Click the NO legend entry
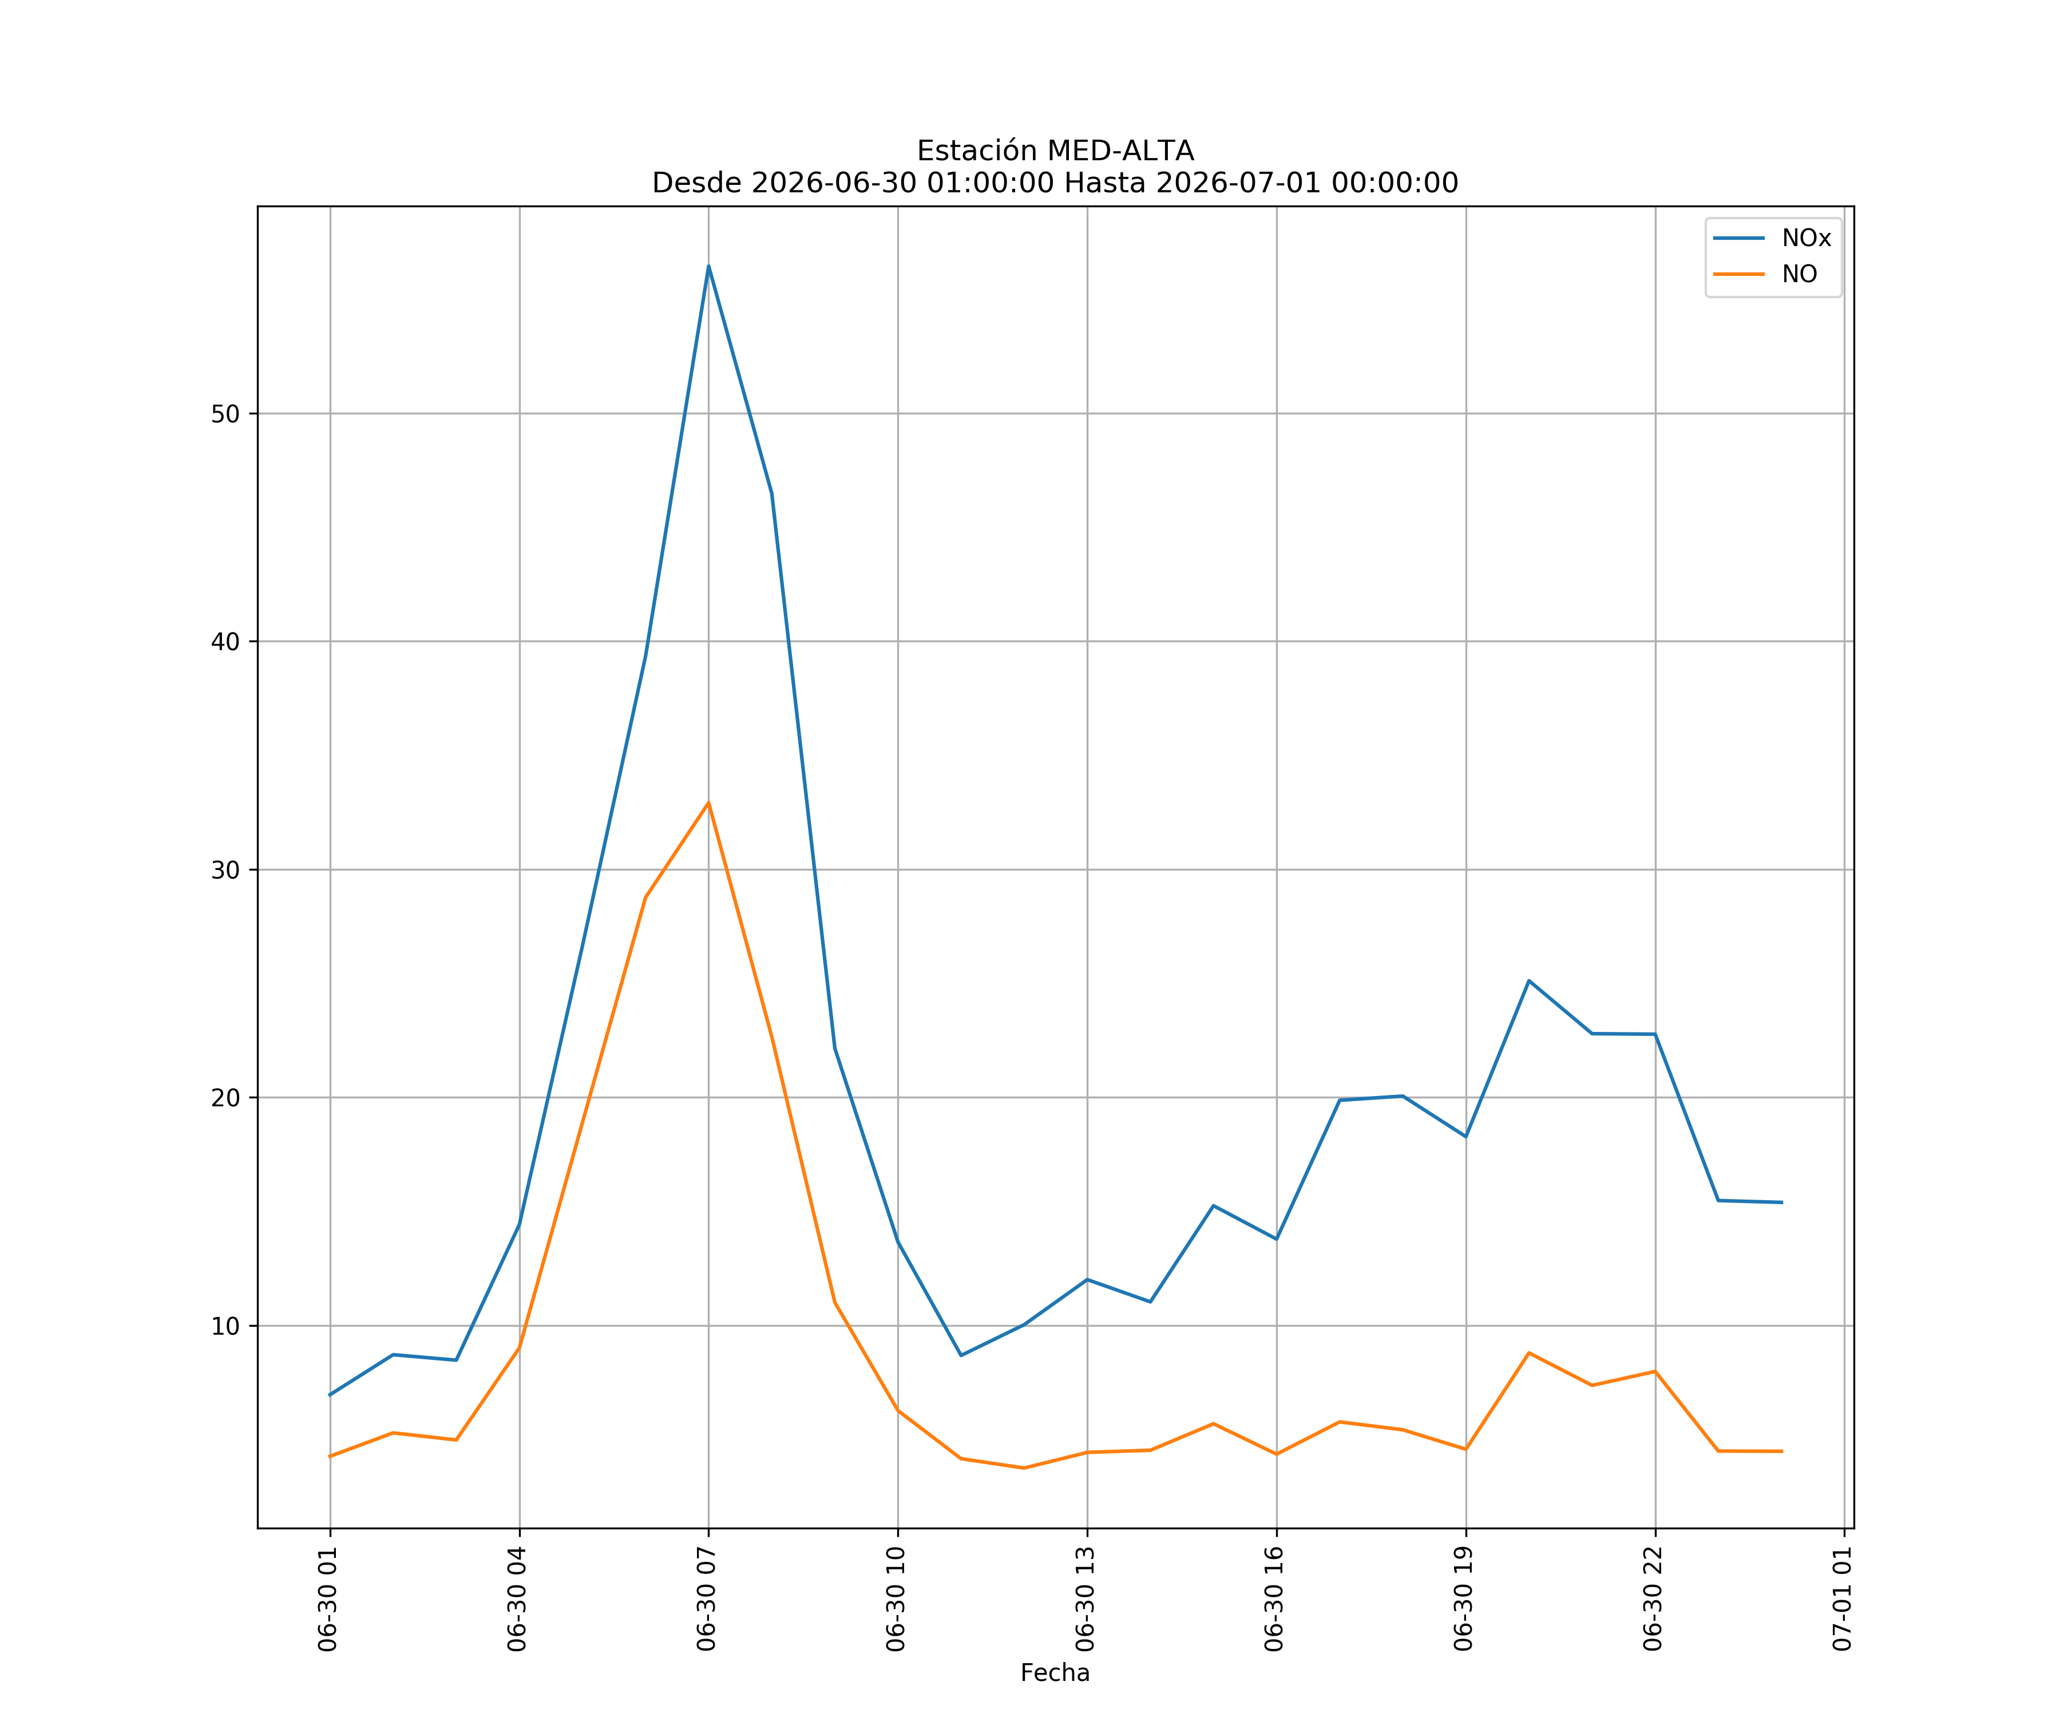tap(1766, 274)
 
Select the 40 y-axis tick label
tap(225, 642)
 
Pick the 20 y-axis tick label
tap(225, 1098)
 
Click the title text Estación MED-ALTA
tap(1056, 151)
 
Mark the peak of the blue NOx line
tap(708, 266)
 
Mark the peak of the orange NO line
tap(708, 802)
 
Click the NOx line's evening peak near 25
tap(1530, 980)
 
